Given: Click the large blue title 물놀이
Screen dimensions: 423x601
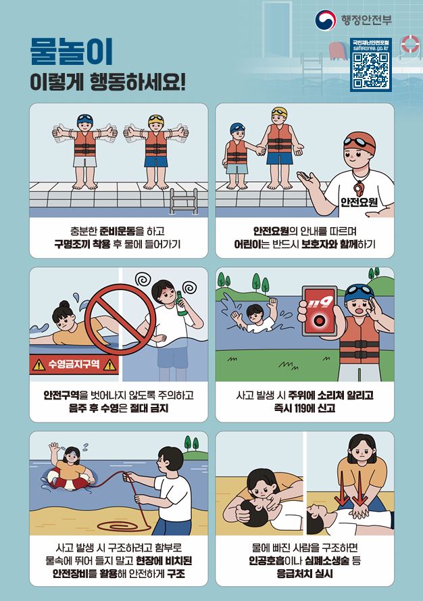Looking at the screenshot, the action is pos(71,51).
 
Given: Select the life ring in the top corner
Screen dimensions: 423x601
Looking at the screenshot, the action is pos(410,44).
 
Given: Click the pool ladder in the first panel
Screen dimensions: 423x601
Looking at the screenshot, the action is pos(184,201).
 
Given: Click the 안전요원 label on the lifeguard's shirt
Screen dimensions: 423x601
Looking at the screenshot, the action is pos(359,201).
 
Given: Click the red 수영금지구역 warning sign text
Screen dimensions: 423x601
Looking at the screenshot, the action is pos(74,364).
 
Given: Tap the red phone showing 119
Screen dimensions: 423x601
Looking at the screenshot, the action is pos(320,311).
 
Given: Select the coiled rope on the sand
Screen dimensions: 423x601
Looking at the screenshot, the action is pos(122,525).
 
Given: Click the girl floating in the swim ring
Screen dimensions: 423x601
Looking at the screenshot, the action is pos(71,467).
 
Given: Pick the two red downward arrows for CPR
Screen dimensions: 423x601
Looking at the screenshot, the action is pos(350,489).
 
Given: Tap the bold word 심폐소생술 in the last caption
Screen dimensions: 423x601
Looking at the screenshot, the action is pos(327,560).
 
